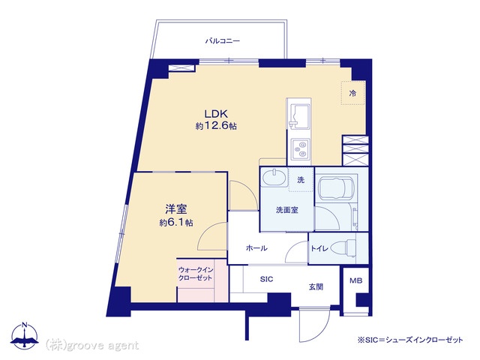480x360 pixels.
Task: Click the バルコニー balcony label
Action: [223, 40]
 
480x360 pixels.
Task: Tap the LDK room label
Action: [216, 114]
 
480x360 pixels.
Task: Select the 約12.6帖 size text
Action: [216, 126]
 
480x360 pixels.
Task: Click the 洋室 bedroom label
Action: [176, 209]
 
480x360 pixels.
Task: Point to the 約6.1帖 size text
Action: [176, 223]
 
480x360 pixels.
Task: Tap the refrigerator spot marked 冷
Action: [353, 93]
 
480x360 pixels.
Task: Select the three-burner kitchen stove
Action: [300, 148]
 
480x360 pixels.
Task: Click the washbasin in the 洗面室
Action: [274, 178]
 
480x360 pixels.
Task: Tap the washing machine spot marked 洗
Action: [301, 180]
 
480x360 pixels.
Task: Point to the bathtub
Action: [336, 187]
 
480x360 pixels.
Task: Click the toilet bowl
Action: [343, 247]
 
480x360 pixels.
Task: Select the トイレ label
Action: [319, 248]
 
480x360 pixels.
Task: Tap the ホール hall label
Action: [256, 248]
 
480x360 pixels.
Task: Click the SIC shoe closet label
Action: [266, 279]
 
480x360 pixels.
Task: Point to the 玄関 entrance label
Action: [316, 286]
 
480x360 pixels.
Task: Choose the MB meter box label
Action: [356, 280]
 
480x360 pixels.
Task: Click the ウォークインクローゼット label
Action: [195, 274]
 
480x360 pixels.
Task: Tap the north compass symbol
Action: [25, 336]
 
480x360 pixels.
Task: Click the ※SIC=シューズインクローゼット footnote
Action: [410, 340]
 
